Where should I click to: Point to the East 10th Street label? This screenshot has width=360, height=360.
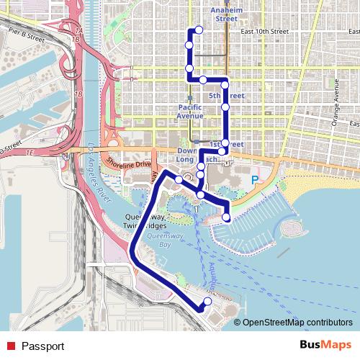(264, 32)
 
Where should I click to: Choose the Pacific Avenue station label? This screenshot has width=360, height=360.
(191, 111)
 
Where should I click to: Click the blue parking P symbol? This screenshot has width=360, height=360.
(254, 180)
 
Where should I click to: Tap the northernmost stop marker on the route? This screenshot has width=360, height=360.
(198, 30)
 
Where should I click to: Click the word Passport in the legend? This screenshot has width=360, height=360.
(42, 346)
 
